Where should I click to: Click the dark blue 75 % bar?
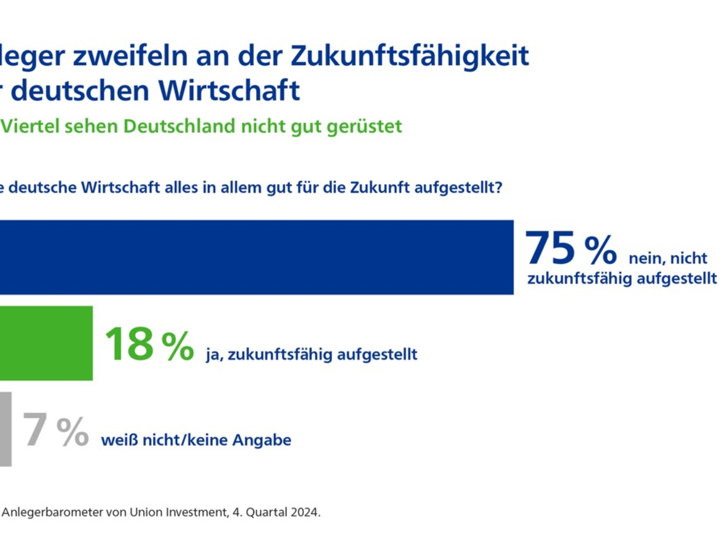coord(257,258)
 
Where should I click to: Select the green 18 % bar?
coord(46,343)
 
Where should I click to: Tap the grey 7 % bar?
coord(5,429)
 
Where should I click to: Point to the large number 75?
coord(549,249)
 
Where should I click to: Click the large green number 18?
coord(129,344)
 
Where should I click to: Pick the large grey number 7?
coord(34,430)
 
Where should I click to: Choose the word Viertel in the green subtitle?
coord(30,127)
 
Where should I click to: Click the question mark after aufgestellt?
coord(499,188)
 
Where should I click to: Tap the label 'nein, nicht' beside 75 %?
coord(668,258)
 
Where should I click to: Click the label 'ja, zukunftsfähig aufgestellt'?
coord(311,354)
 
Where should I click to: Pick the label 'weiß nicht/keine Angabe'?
coord(196,440)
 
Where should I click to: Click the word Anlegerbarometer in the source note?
coord(48,513)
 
